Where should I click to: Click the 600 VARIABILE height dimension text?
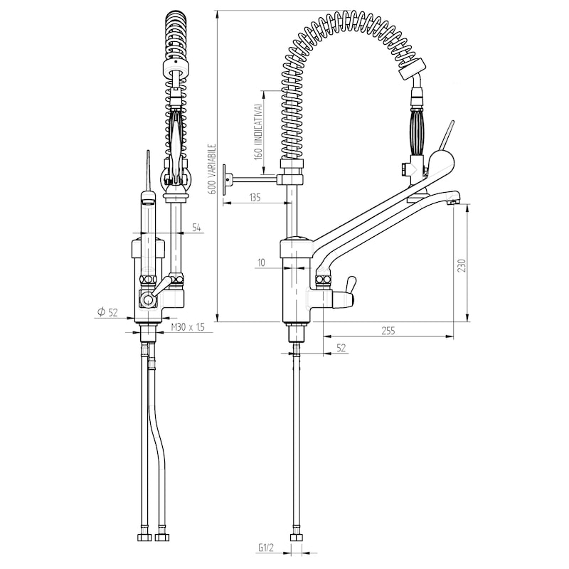point(213,169)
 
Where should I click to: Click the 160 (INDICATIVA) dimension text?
point(258,132)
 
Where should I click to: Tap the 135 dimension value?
point(255,198)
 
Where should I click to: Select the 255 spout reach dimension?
point(388,331)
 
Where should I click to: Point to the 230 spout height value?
point(461,265)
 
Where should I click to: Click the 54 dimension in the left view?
point(196,228)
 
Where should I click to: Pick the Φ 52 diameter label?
point(108,312)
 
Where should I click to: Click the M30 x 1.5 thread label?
point(188,327)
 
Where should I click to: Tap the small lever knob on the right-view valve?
point(350,284)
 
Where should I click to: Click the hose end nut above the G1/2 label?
point(296,538)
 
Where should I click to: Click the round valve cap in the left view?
point(149,299)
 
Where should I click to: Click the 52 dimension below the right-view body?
point(341,348)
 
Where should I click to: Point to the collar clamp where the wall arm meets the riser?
point(290,179)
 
